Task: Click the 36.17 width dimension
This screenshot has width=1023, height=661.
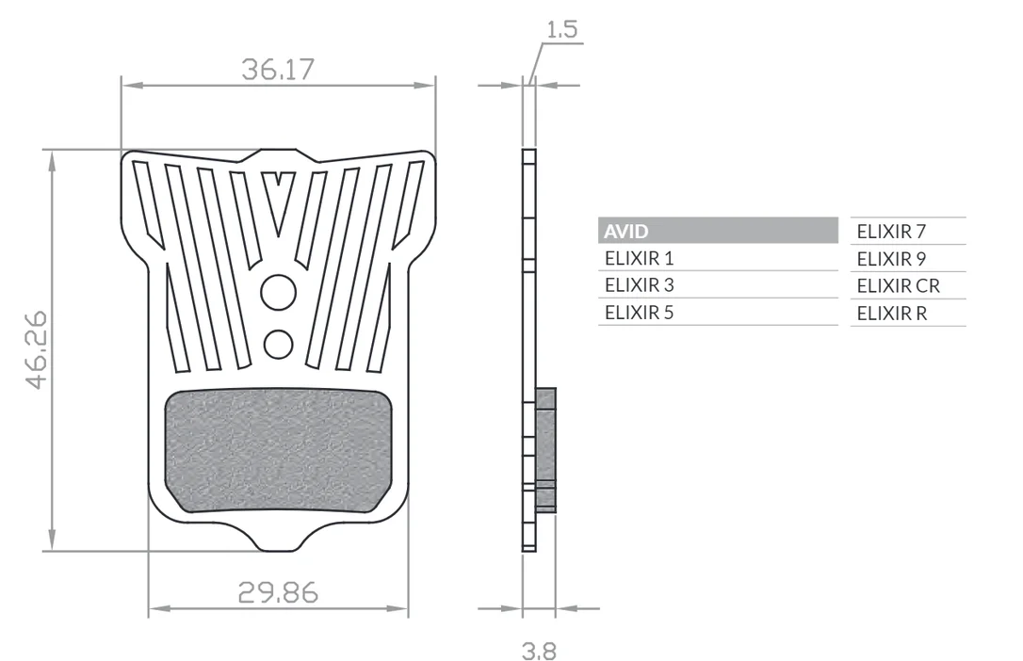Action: click(278, 69)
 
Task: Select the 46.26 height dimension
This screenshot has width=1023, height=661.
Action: click(37, 350)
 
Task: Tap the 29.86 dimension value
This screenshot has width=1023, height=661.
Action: click(278, 592)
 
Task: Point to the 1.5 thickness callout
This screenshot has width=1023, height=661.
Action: click(561, 29)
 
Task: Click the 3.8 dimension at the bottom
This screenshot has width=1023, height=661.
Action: click(539, 651)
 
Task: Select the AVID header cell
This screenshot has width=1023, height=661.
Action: click(718, 231)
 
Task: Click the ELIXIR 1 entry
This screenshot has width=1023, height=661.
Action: click(639, 258)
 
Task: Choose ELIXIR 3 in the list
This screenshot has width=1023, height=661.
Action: click(639, 285)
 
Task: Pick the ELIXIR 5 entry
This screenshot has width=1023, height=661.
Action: click(639, 313)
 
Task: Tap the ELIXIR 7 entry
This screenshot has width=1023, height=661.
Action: click(891, 232)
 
